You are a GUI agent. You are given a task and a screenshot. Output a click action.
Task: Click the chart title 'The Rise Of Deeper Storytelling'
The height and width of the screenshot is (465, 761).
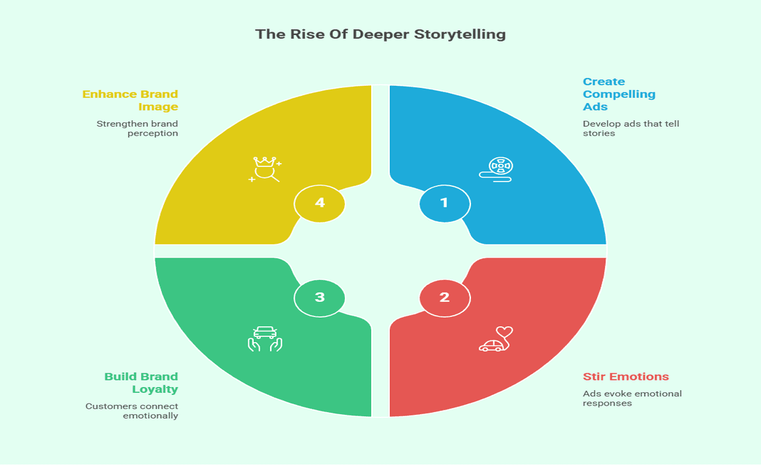tap(380, 34)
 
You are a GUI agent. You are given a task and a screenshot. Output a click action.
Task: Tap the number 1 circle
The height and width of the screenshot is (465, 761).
tap(445, 203)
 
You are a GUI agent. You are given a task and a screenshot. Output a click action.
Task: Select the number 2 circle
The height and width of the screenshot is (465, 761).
tap(445, 298)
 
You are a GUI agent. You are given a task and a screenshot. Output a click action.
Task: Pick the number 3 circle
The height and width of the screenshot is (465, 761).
tap(320, 298)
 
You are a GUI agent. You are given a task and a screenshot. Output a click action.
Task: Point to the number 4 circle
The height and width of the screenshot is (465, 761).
tap(320, 203)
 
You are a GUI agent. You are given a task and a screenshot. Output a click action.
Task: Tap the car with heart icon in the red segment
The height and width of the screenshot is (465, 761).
tap(496, 339)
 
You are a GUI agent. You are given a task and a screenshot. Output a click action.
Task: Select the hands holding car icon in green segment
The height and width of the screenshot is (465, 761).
tap(265, 339)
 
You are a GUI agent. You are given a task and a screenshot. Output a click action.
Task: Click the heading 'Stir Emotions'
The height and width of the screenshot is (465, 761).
tap(626, 377)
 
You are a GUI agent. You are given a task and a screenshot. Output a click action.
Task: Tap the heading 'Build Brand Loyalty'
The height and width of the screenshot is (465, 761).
tap(141, 383)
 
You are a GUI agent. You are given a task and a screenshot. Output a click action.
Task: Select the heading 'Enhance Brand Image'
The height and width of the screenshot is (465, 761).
tap(131, 100)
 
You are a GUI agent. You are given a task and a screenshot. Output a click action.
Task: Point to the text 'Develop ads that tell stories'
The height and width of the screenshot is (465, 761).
tap(630, 128)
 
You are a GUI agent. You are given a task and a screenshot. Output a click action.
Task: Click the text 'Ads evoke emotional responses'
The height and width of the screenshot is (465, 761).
tap(632, 398)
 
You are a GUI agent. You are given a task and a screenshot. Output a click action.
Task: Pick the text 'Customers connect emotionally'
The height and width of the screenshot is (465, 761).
tap(132, 411)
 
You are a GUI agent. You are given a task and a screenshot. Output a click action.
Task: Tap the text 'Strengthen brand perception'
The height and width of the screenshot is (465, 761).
tap(137, 128)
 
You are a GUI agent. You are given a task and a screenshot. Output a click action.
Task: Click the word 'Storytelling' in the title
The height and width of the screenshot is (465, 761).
tap(461, 34)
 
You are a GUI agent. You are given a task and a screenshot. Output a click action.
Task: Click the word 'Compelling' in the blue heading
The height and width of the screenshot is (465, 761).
tap(619, 94)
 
